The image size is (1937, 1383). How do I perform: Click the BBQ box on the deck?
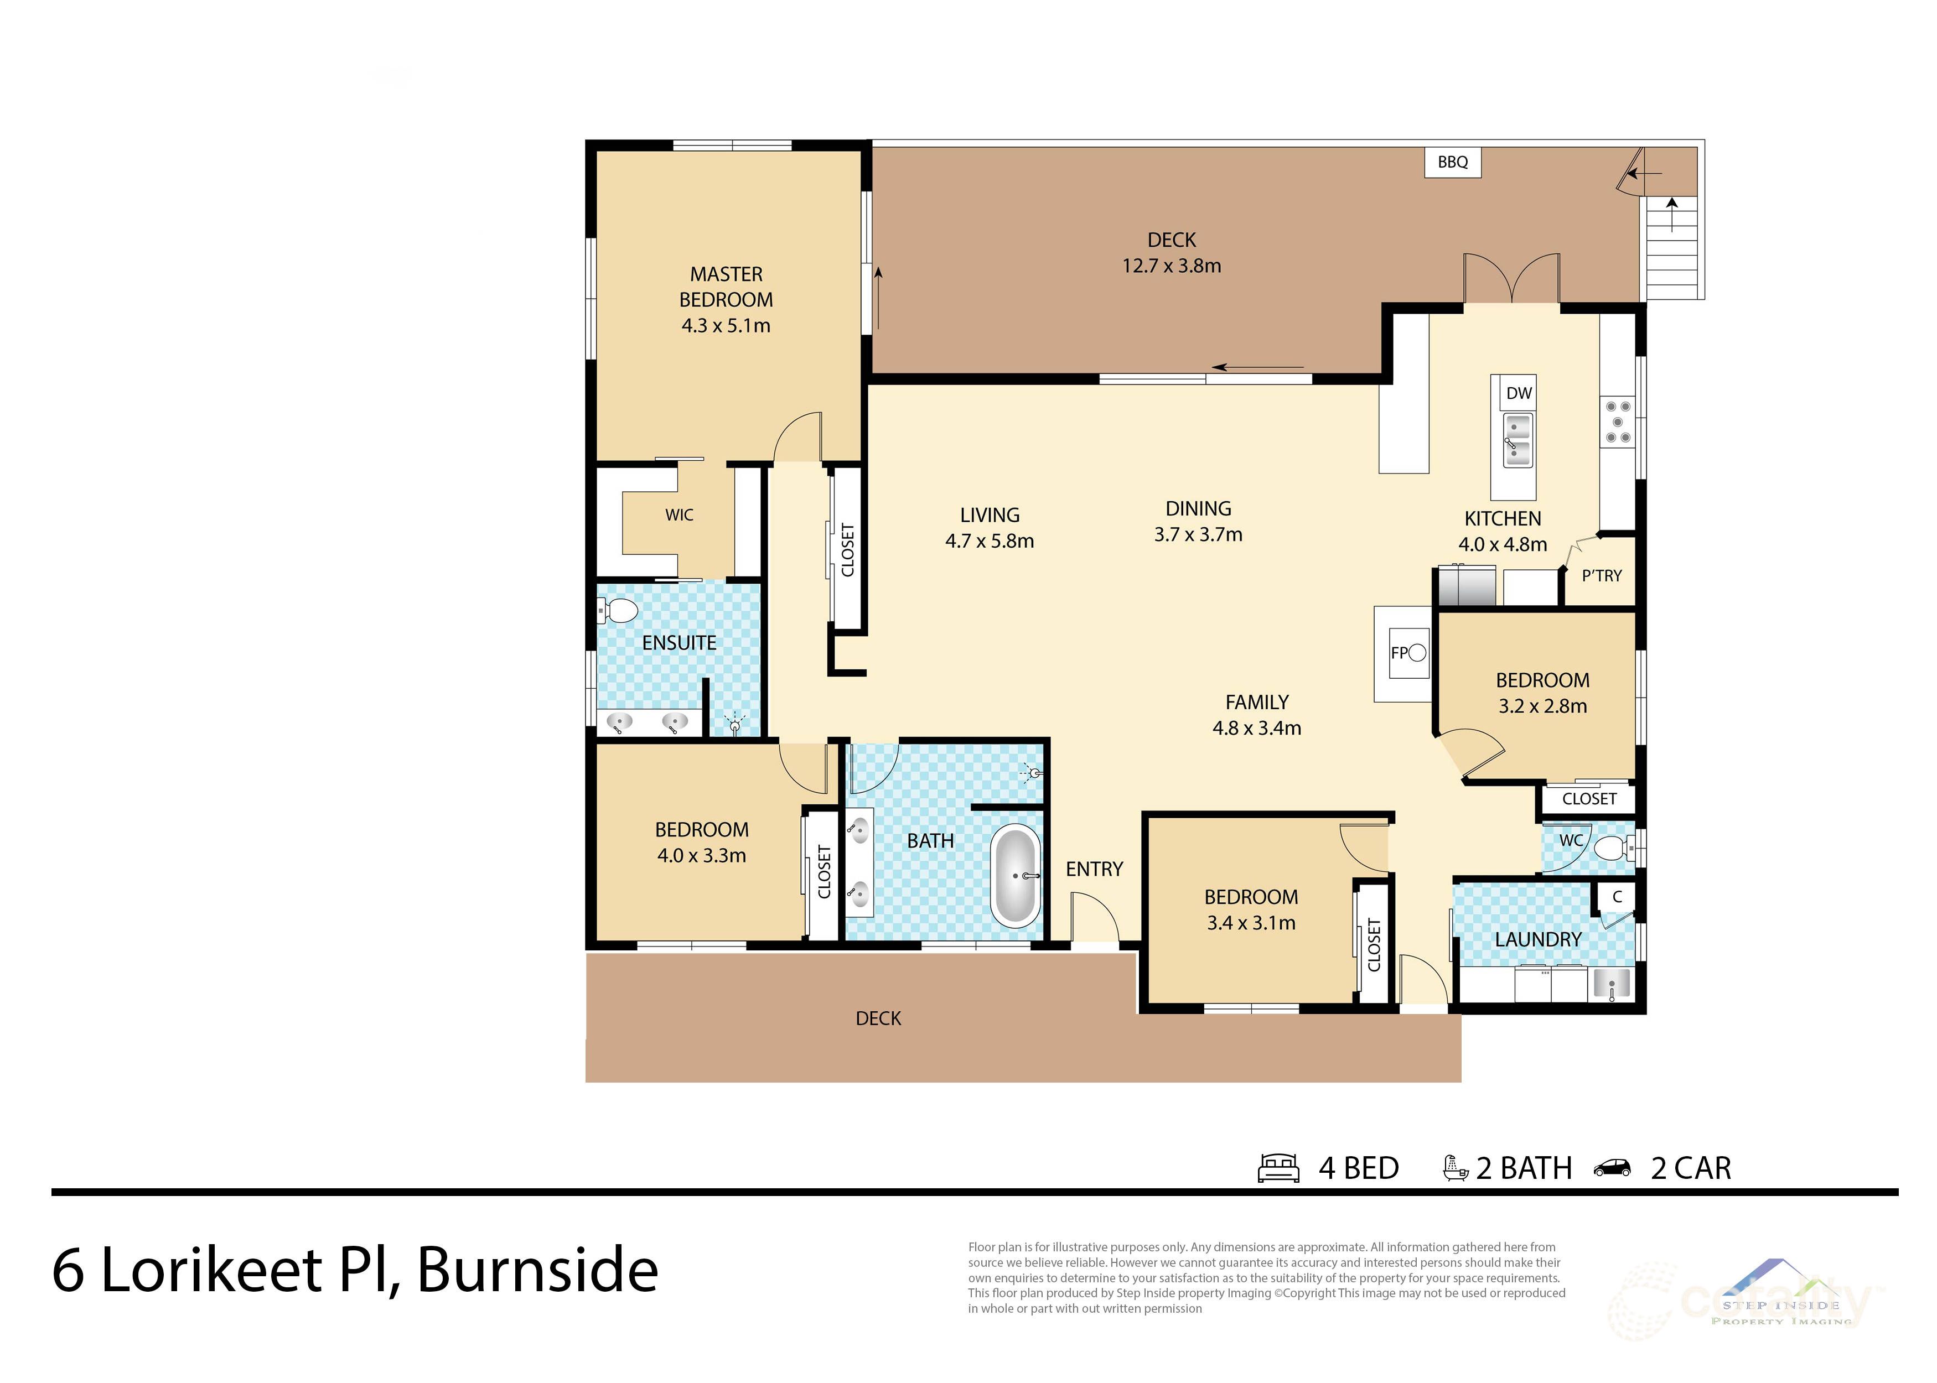(x=1452, y=162)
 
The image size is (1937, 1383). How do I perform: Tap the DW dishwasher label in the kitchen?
(x=1519, y=393)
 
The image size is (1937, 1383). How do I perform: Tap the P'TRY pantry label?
(x=1602, y=576)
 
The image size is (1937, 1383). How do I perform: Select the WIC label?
(x=679, y=515)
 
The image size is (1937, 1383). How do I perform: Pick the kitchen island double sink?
(x=1517, y=439)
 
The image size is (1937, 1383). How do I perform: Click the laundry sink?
(x=1611, y=984)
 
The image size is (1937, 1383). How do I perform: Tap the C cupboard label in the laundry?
(x=1617, y=897)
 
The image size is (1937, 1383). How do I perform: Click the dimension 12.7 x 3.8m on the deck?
(x=1171, y=266)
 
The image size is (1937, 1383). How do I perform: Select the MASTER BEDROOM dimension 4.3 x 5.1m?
(x=726, y=325)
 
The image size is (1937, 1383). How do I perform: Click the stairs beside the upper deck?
(x=1672, y=256)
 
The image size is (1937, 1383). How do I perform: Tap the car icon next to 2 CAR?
(x=1612, y=1168)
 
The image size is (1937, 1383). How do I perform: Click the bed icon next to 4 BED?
(x=1278, y=1168)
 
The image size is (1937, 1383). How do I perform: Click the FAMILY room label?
(x=1256, y=703)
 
